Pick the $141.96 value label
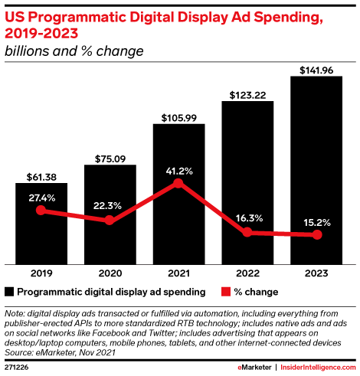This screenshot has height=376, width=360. (316, 70)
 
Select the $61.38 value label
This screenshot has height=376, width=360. (41, 176)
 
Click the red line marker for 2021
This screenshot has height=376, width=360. (178, 183)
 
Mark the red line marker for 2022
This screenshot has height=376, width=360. (247, 232)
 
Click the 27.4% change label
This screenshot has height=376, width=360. (41, 196)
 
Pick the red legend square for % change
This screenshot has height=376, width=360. (225, 292)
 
